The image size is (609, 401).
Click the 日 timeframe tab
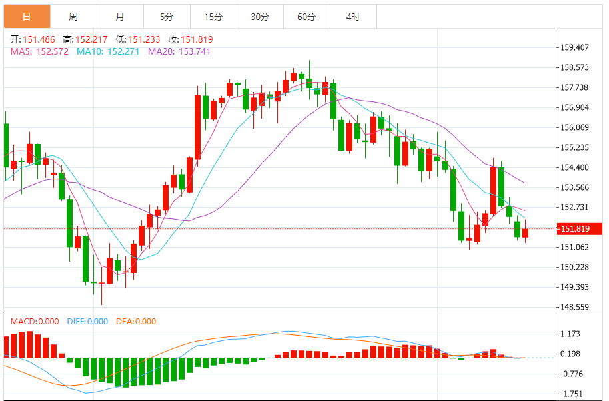click(x=26, y=17)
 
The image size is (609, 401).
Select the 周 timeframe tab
click(x=73, y=17)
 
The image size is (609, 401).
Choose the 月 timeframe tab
click(x=119, y=17)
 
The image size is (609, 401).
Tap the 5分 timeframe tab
click(x=167, y=17)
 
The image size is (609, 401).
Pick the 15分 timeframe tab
click(x=213, y=17)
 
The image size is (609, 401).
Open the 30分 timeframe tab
click(x=260, y=17)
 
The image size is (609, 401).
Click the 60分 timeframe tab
click(x=306, y=17)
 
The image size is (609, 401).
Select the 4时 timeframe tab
click(x=353, y=17)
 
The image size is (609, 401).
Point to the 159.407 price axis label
click(x=575, y=47)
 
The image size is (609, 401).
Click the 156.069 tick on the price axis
click(x=575, y=127)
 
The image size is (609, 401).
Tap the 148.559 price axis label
click(x=575, y=307)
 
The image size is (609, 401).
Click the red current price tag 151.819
click(x=579, y=229)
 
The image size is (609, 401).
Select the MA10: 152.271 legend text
click(x=108, y=51)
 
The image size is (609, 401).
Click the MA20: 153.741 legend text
click(x=179, y=51)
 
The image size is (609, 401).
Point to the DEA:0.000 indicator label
click(x=136, y=321)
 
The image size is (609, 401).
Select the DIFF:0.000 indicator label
click(x=87, y=321)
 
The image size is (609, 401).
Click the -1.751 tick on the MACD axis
click(x=573, y=394)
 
